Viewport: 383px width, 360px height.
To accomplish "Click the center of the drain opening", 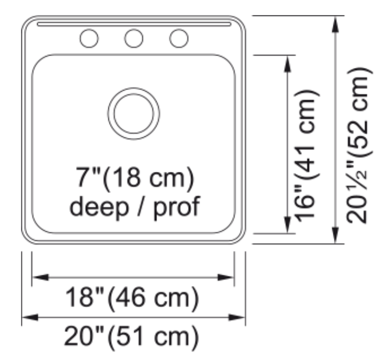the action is click(134, 114).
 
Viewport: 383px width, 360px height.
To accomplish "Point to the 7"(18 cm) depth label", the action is click(135, 177).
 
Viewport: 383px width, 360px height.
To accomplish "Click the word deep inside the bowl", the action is click(99, 207).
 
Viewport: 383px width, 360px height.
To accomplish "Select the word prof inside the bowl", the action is click(177, 207).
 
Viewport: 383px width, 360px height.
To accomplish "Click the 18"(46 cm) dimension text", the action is click(132, 298).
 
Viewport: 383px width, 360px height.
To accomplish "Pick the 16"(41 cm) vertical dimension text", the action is click(307, 156).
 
